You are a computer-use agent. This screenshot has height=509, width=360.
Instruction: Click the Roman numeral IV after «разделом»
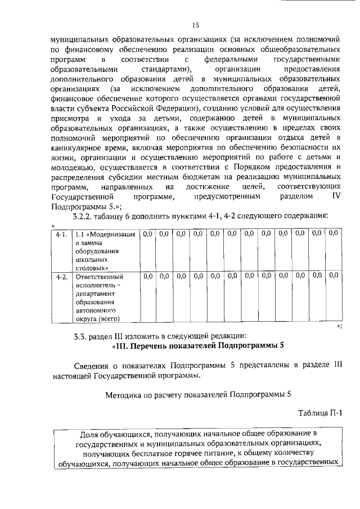[336, 197]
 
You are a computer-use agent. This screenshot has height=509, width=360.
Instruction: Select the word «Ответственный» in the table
[100, 276]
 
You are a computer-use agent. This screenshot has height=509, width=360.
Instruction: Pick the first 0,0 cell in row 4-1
[148, 233]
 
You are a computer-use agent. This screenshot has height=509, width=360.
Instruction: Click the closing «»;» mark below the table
[339, 326]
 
